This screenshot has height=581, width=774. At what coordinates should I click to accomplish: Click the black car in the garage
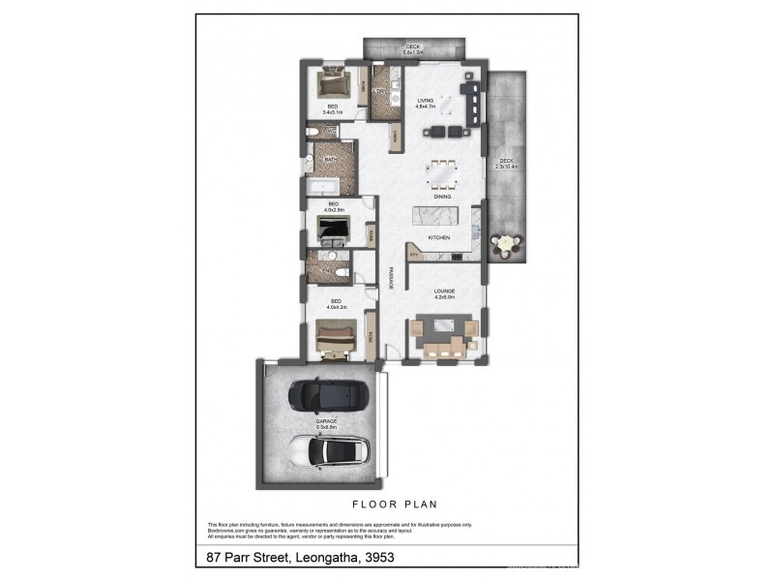328,394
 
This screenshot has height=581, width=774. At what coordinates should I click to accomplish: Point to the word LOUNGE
444,290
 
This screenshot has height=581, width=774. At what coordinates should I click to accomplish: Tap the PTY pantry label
413,255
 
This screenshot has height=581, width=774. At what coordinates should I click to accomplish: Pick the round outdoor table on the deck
507,245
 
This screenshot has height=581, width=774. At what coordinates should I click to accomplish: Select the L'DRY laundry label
381,92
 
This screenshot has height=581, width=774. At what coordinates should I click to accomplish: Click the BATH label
330,160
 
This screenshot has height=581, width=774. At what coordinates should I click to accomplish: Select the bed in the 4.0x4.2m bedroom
335,336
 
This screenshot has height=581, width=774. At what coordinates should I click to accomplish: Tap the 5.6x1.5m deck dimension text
413,53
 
